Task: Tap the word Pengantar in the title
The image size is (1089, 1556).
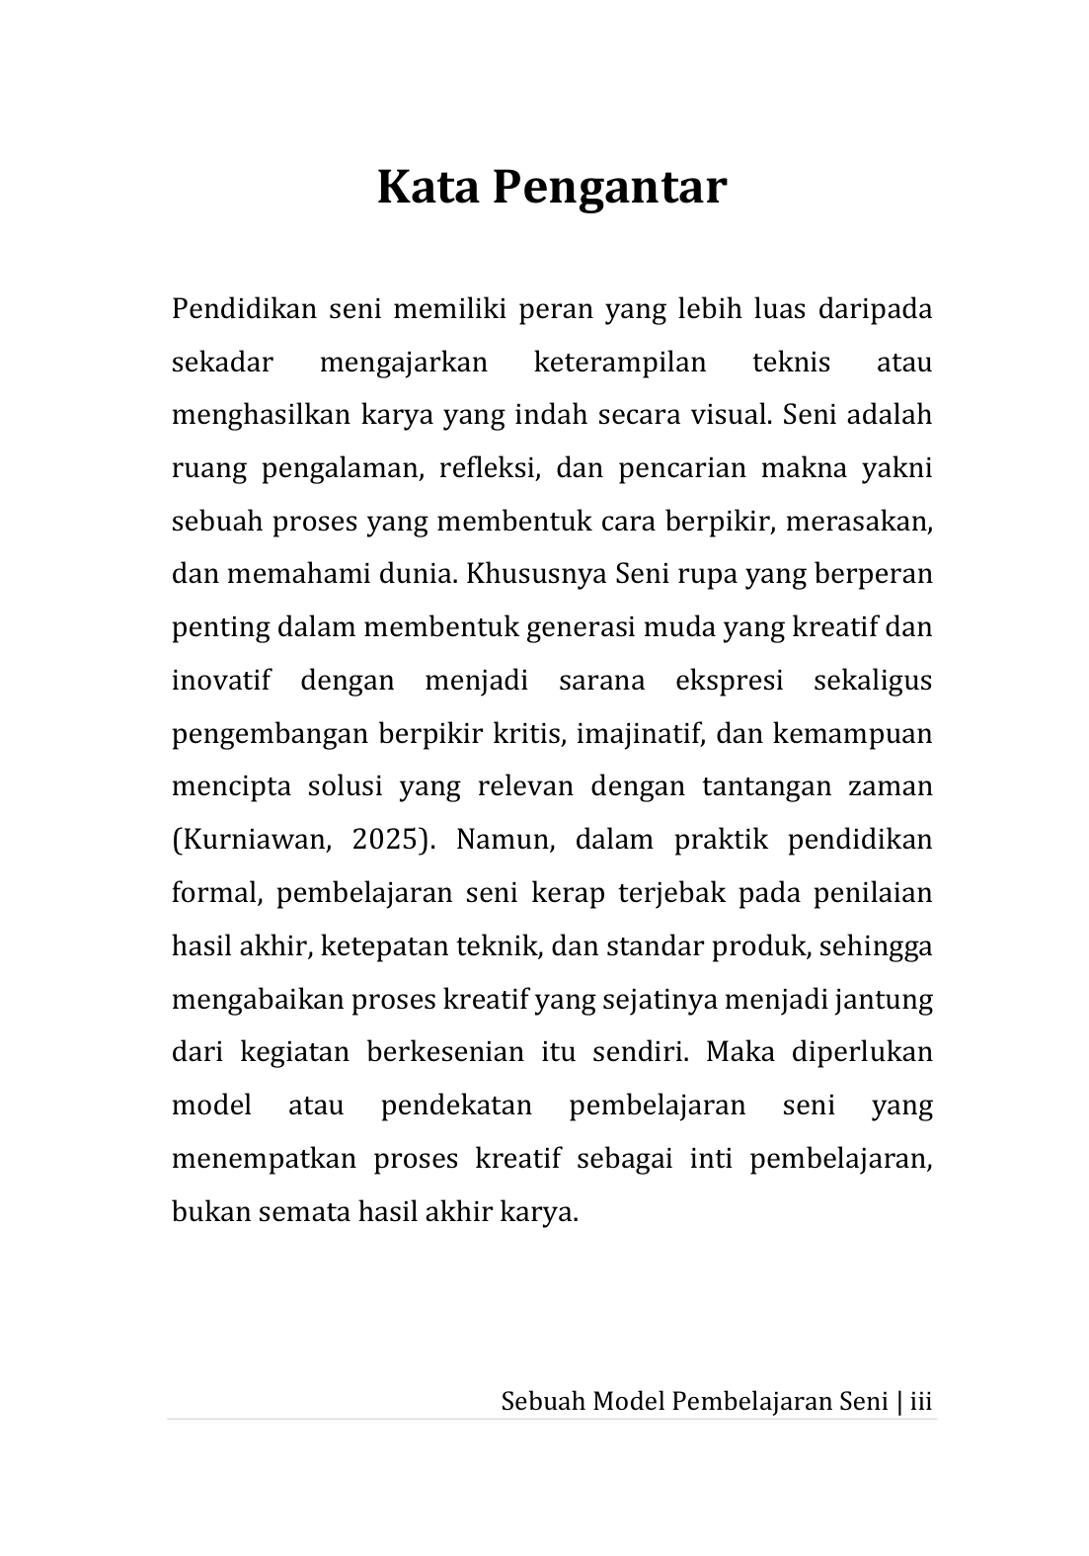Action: click(x=609, y=189)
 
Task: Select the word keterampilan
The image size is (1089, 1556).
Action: click(x=619, y=363)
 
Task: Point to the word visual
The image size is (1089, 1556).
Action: click(x=731, y=414)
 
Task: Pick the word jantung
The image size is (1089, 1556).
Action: click(x=884, y=1001)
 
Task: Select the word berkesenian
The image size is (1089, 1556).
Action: click(x=444, y=1052)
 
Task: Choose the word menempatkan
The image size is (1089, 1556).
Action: click(x=263, y=1158)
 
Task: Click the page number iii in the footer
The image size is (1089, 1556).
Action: click(x=921, y=1401)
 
